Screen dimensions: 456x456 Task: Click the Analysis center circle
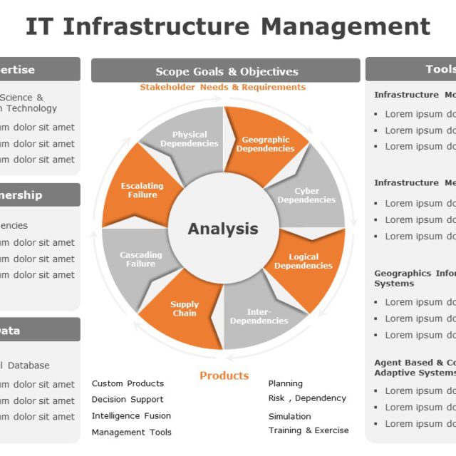(x=223, y=229)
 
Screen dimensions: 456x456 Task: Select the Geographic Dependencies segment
(x=265, y=144)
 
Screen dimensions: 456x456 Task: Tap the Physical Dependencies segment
(x=189, y=139)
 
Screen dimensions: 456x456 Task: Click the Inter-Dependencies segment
(x=259, y=316)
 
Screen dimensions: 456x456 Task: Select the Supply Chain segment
(x=185, y=309)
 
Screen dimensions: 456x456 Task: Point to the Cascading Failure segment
(x=140, y=259)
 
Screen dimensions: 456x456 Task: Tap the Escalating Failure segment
(x=142, y=190)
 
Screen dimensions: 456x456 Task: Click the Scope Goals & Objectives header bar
(x=226, y=71)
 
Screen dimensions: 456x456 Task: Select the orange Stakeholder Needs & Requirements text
(x=222, y=88)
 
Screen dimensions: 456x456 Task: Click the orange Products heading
(x=224, y=375)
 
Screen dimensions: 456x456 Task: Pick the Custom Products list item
(x=128, y=383)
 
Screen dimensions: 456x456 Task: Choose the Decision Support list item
(x=128, y=400)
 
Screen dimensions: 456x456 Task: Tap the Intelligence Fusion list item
(x=131, y=416)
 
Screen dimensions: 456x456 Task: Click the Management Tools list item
(x=131, y=432)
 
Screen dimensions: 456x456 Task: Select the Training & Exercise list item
(x=309, y=430)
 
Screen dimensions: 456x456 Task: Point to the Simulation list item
(x=289, y=416)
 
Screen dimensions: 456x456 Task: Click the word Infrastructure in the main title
(x=157, y=26)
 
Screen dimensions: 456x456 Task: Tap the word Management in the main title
(x=345, y=26)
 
